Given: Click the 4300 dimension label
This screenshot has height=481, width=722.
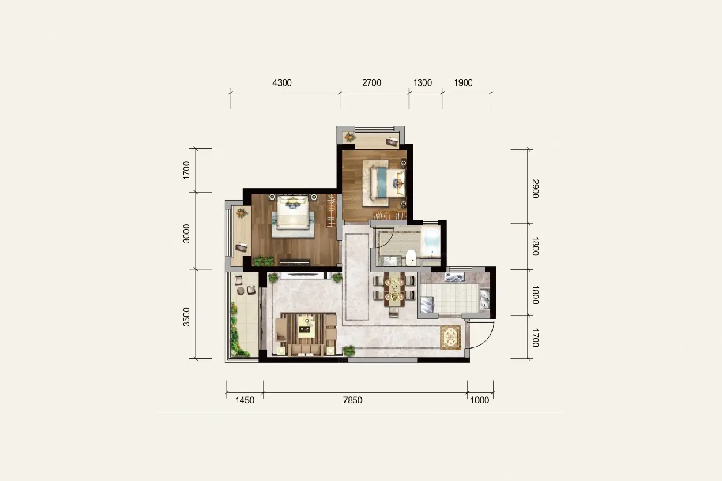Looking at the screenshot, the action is tap(282, 83).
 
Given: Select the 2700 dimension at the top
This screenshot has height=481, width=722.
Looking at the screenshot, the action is tap(372, 83).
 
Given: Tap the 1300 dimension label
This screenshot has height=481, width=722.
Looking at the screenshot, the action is tap(422, 83).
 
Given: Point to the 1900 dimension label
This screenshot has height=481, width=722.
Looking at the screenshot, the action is tap(463, 83).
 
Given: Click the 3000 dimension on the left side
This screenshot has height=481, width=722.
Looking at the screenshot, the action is tap(186, 234).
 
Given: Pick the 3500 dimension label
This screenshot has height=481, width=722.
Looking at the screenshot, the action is tap(186, 317).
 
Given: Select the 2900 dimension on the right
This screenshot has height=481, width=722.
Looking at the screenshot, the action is tap(535, 189).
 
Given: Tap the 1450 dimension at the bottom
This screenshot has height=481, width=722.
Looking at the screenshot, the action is tap(244, 400).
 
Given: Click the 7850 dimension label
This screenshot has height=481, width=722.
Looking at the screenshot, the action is tap(353, 400).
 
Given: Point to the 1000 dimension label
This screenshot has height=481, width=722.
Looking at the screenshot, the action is tap(480, 400).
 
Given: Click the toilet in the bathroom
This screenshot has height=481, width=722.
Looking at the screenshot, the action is tap(411, 257).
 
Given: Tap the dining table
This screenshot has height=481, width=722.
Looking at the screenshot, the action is tap(395, 289).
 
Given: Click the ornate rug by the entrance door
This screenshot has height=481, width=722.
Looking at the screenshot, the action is tap(451, 337).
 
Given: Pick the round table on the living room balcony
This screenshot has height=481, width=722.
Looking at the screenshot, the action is tap(241, 291).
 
